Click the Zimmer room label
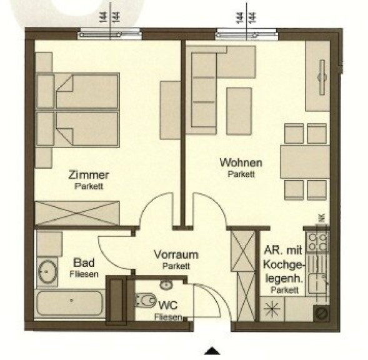(x=89, y=175)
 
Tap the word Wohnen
(x=241, y=162)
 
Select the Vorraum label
(x=176, y=254)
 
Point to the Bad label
(x=84, y=262)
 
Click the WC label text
(x=168, y=306)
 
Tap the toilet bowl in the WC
(x=146, y=300)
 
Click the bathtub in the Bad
(x=70, y=303)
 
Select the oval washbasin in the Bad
(x=47, y=272)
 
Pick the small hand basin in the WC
(x=166, y=285)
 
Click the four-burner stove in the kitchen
(x=317, y=242)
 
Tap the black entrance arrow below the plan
(x=212, y=351)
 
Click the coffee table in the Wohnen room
(x=239, y=111)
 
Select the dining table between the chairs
(x=305, y=162)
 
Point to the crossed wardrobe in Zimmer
(x=77, y=213)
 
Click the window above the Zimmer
(x=110, y=34)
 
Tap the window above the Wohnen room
(x=246, y=34)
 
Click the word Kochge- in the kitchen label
(x=284, y=265)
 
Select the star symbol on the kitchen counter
(x=272, y=308)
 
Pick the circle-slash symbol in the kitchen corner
(x=322, y=313)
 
